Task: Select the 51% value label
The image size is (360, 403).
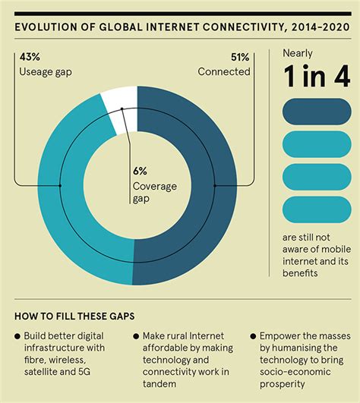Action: (x=240, y=57)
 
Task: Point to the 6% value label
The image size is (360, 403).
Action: (x=141, y=171)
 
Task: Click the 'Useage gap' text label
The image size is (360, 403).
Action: (x=44, y=71)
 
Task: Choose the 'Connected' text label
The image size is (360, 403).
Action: (x=224, y=71)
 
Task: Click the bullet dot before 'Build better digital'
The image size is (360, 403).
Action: (x=17, y=335)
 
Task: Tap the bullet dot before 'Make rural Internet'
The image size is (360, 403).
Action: (x=135, y=335)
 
